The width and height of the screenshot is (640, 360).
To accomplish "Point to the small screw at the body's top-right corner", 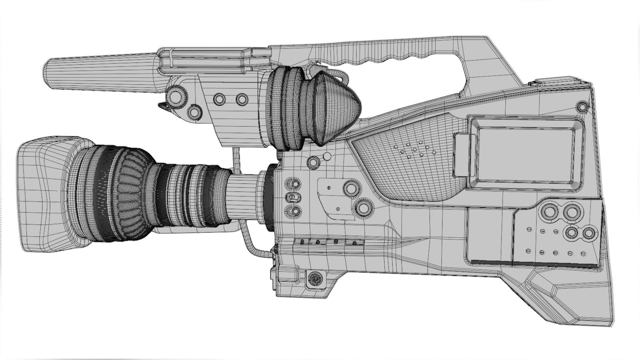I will (582, 107).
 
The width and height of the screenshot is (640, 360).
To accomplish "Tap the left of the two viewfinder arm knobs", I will (219, 99).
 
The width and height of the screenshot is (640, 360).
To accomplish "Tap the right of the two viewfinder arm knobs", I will (242, 99).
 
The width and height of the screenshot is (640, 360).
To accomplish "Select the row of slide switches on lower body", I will (328, 242).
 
